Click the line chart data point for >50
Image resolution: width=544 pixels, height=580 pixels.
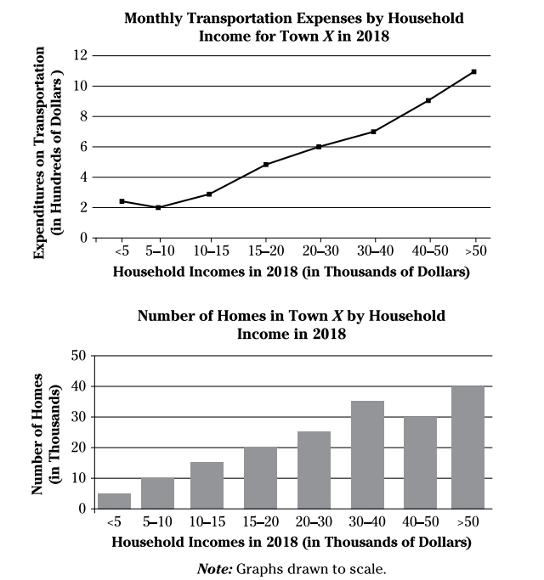[473, 71]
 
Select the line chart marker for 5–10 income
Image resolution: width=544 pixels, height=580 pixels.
[158, 207]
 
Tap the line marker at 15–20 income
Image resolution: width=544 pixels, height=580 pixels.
[266, 164]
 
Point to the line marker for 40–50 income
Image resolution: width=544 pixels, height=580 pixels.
[428, 100]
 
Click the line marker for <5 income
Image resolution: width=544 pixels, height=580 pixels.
[122, 201]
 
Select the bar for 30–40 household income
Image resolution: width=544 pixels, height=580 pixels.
[367, 454]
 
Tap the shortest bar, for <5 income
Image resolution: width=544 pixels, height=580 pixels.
[115, 501]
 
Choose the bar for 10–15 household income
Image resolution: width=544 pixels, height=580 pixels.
[207, 485]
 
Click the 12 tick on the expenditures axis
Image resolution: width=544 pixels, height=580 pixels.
[81, 55]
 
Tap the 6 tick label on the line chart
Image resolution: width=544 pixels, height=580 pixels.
[84, 147]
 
